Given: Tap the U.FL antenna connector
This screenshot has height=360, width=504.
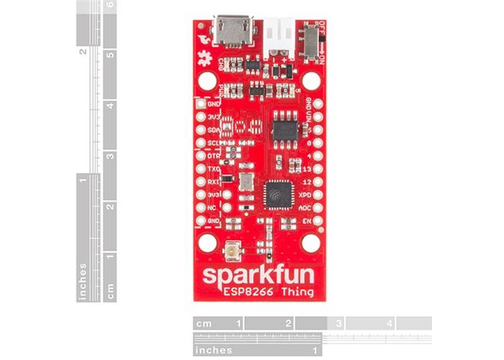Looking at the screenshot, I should (233, 251).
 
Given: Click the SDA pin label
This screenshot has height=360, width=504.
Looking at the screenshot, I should (214, 130).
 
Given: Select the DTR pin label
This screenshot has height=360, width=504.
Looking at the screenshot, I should (214, 156).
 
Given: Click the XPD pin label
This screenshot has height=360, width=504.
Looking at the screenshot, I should (305, 194).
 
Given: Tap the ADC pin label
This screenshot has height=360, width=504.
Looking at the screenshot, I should (305, 207).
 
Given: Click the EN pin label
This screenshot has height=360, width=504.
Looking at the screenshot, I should (307, 220).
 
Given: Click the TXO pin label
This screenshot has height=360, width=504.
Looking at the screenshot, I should (214, 168).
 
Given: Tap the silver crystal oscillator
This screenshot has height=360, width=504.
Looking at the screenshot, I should (246, 181).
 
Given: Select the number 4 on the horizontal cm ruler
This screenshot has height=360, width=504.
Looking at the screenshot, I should (390, 324).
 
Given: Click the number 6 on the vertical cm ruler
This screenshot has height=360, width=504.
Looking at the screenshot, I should (109, 6).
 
